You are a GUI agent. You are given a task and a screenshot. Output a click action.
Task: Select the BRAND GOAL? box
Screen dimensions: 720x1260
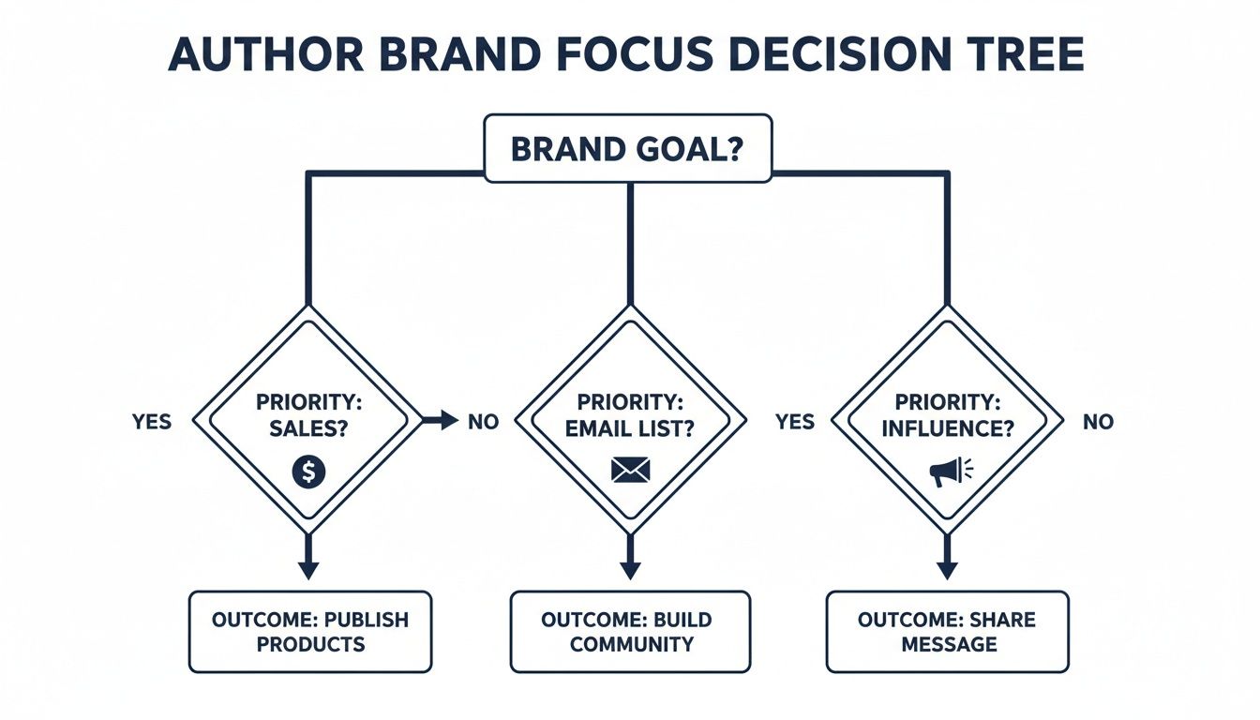click(x=627, y=148)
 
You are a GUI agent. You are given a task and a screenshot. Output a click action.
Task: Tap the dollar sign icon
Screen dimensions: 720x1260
click(x=308, y=472)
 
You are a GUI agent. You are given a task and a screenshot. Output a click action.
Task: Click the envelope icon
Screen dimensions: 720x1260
click(x=629, y=470)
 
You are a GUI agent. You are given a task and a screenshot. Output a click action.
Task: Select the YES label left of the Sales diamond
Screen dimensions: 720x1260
click(x=152, y=422)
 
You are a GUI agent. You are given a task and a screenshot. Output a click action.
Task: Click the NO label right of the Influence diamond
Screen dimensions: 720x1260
click(x=1098, y=422)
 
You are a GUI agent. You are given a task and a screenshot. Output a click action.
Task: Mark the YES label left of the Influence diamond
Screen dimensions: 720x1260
click(x=795, y=422)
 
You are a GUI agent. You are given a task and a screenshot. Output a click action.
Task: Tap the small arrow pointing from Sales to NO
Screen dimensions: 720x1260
click(x=441, y=421)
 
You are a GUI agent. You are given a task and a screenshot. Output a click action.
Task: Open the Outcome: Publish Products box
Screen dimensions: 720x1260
click(x=310, y=632)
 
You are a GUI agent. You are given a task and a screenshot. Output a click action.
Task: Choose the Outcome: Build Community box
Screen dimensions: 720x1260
click(x=630, y=632)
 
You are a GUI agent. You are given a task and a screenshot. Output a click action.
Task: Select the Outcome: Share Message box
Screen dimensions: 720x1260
click(x=947, y=632)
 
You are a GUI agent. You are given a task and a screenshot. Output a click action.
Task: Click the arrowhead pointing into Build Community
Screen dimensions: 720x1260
click(x=630, y=570)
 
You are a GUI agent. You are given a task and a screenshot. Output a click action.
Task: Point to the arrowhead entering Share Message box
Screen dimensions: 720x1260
click(x=947, y=570)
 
